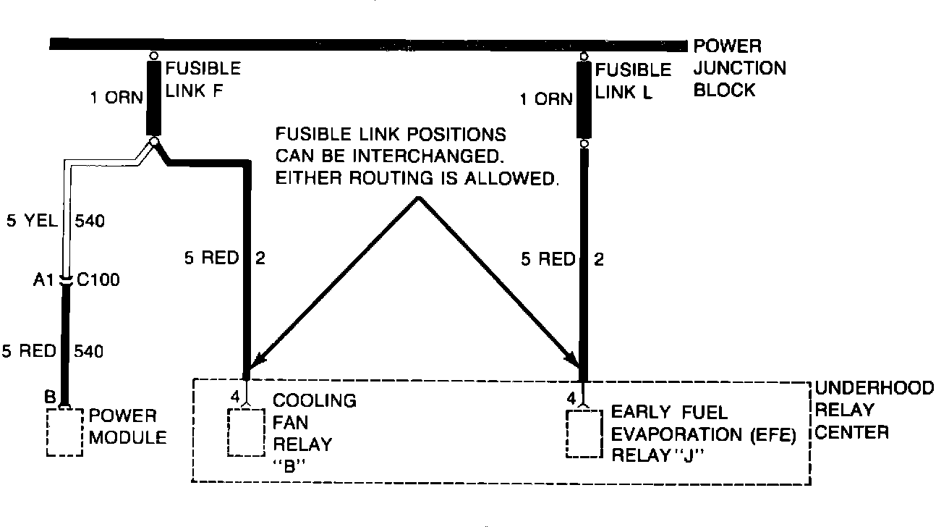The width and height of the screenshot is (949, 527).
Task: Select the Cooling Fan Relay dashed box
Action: tap(247, 433)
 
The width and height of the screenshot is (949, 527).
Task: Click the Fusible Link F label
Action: tap(203, 80)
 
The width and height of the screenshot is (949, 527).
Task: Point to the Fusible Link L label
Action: tap(633, 81)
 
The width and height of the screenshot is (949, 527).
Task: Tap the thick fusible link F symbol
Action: tap(153, 98)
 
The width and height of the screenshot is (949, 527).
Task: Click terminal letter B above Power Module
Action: tap(50, 397)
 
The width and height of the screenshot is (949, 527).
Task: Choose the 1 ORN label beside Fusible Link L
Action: tap(546, 99)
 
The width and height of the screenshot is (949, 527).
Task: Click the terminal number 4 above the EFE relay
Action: tap(571, 397)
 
